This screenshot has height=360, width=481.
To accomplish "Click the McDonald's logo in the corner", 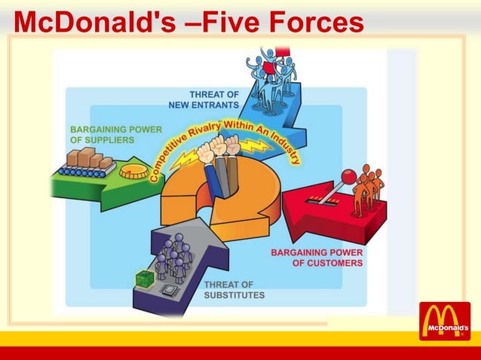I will click(445, 321).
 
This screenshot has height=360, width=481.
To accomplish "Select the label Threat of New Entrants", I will click(213, 99).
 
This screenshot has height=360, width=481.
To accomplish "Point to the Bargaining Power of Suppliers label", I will click(115, 134).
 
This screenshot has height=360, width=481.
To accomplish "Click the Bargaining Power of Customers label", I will click(317, 258).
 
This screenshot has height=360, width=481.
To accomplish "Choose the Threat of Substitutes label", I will click(234, 289).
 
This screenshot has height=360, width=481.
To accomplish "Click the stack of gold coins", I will click(133, 169).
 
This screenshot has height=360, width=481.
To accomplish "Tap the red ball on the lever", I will click(348, 176).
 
